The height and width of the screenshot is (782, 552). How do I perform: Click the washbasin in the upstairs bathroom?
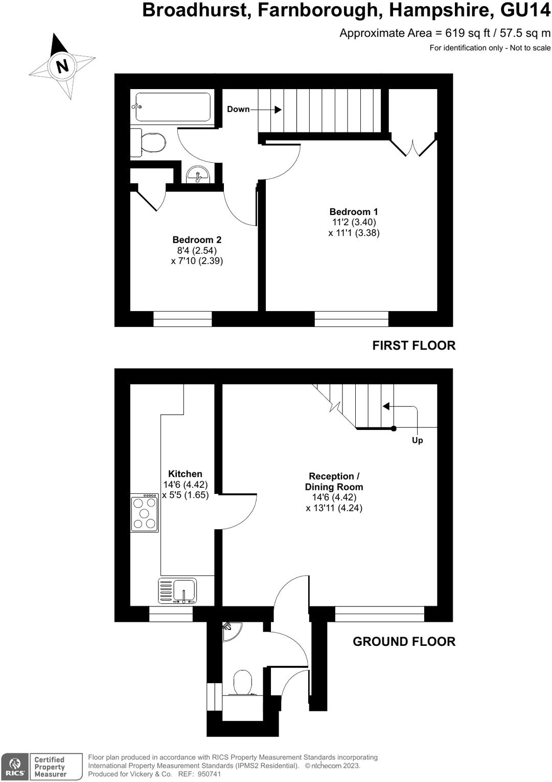(x=198, y=175)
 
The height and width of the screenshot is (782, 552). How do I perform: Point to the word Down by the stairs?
(x=238, y=109)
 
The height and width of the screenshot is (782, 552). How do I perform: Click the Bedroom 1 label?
(x=354, y=212)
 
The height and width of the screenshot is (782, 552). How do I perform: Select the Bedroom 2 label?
(x=197, y=240)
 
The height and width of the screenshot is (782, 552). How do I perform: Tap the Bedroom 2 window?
(x=182, y=318)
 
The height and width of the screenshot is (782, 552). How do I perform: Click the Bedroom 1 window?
(x=351, y=318)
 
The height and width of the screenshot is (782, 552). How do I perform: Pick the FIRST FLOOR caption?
(x=413, y=345)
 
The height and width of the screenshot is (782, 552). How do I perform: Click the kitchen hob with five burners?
(x=144, y=513)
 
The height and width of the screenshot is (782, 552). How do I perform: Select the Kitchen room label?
(x=185, y=474)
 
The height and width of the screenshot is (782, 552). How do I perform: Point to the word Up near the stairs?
(x=417, y=440)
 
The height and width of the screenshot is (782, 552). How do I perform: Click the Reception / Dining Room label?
(x=334, y=482)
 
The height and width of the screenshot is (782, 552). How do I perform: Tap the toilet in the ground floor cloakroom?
(x=243, y=683)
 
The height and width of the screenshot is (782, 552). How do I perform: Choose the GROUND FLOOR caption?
(x=404, y=641)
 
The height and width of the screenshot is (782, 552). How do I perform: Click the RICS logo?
(x=14, y=767)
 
